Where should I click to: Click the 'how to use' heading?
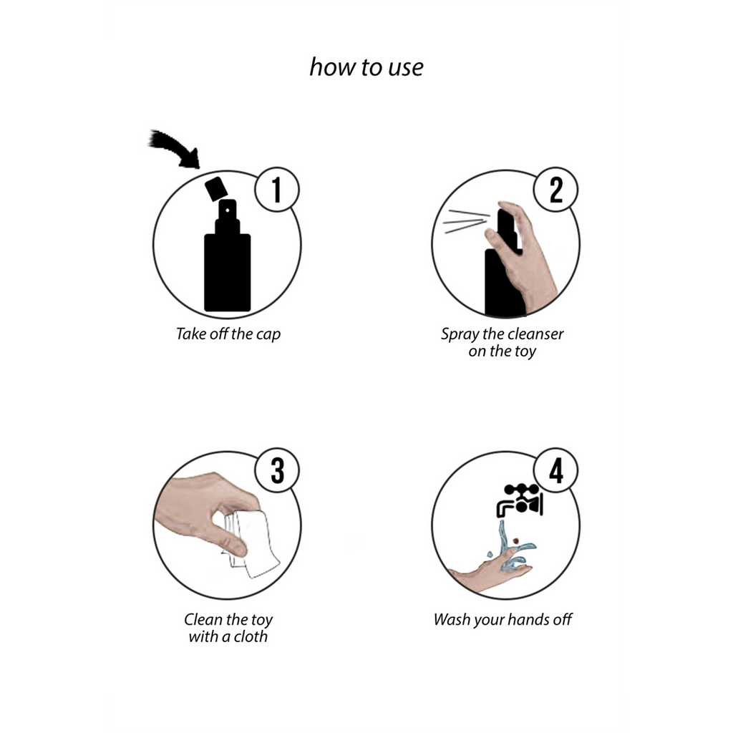click(366, 67)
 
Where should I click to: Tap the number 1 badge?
click(277, 190)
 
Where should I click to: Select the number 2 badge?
click(555, 190)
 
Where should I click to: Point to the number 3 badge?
click(277, 470)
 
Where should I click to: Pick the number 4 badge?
click(555, 470)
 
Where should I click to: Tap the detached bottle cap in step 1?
click(216, 189)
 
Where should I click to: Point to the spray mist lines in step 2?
click(466, 222)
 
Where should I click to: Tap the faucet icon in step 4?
click(520, 500)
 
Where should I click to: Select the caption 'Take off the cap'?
click(228, 334)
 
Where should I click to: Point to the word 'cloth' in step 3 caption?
click(251, 636)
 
